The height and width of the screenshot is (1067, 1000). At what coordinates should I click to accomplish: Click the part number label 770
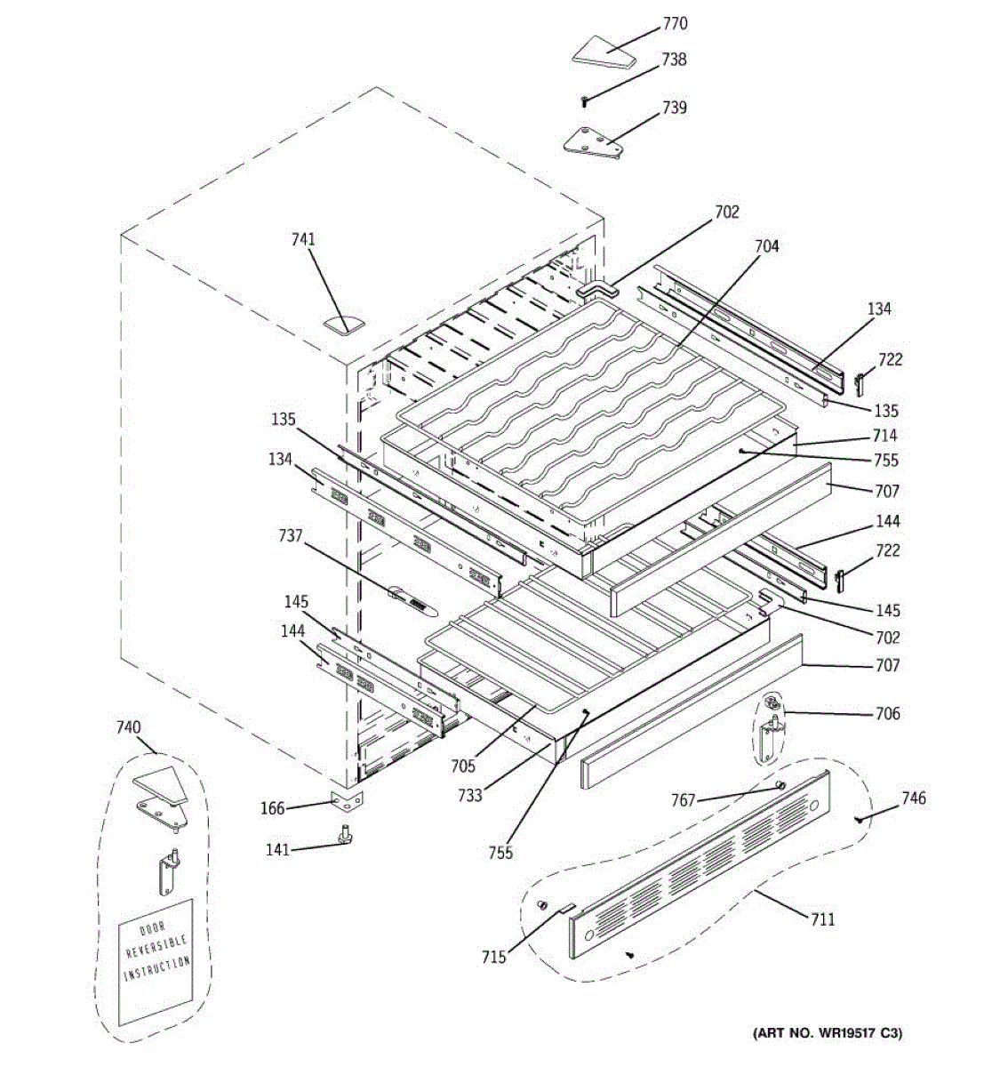675,24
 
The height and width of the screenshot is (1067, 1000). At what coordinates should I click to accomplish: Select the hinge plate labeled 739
590,141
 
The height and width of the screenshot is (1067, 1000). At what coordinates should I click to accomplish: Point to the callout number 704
766,246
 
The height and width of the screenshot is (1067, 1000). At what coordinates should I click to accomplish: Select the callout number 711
823,919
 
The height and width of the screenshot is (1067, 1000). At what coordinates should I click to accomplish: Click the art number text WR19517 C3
828,1033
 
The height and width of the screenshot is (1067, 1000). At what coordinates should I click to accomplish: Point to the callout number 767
683,800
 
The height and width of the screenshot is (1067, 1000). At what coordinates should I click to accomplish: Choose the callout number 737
291,536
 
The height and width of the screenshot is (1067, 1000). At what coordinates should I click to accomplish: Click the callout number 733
470,796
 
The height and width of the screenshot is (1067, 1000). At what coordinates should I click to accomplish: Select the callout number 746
913,798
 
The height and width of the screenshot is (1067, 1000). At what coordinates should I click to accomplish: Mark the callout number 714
885,436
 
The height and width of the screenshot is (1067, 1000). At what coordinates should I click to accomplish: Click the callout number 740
128,728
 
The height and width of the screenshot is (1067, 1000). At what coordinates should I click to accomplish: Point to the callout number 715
493,957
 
